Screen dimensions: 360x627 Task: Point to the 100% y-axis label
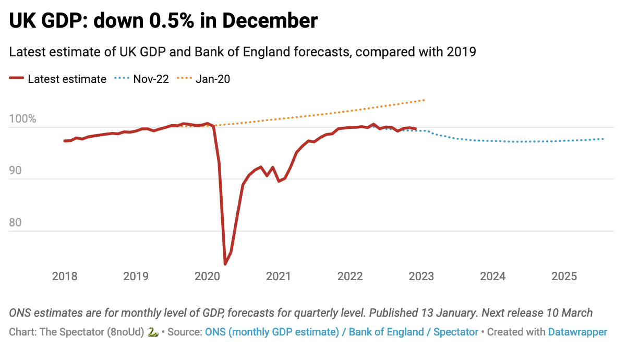(x=22, y=119)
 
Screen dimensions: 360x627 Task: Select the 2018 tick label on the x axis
(x=65, y=277)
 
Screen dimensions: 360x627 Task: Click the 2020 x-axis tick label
(x=207, y=277)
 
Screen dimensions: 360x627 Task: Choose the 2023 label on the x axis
(x=421, y=277)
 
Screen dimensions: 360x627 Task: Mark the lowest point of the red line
(x=225, y=263)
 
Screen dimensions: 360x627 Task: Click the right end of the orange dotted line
(x=425, y=100)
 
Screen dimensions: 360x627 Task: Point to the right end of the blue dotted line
(x=604, y=139)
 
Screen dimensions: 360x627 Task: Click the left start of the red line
(x=65, y=141)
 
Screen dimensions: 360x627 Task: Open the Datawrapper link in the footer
(x=577, y=332)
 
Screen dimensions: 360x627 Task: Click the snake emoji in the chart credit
(x=153, y=332)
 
